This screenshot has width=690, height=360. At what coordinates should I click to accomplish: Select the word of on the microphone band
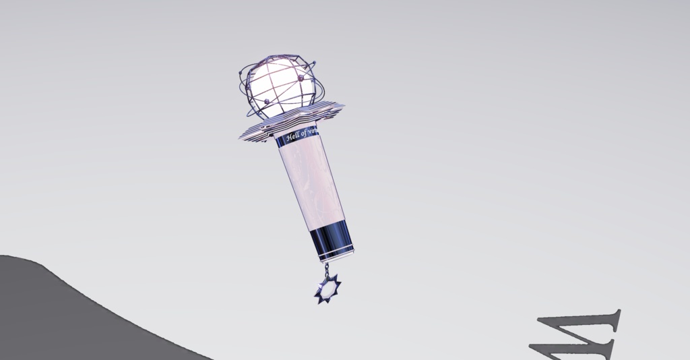(306, 133)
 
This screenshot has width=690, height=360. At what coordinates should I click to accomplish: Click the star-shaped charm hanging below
(328, 289)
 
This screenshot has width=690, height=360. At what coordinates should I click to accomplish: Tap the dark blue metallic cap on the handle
(330, 241)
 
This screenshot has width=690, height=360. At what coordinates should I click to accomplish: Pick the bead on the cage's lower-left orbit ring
(267, 100)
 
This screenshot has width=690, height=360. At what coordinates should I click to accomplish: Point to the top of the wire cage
(276, 57)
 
